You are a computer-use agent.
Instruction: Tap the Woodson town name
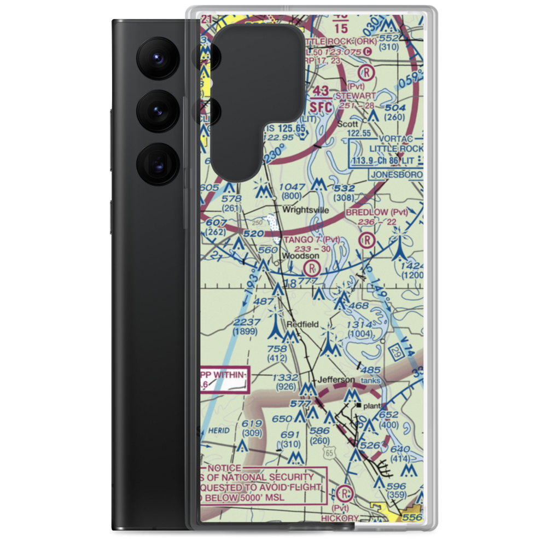(x=300, y=255)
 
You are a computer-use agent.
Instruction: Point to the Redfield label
(x=306, y=324)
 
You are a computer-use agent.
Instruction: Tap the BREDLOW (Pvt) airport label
(x=376, y=212)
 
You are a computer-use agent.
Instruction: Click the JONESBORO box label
(x=397, y=174)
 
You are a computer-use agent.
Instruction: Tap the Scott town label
(x=347, y=124)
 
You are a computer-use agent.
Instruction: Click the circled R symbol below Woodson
(x=312, y=268)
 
